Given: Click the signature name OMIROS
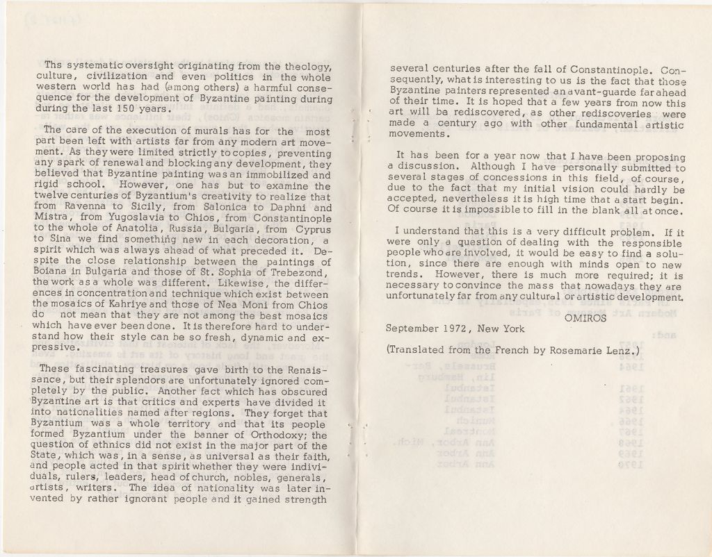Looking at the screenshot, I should click(x=585, y=318).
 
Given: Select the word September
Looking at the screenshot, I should click(x=412, y=329).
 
